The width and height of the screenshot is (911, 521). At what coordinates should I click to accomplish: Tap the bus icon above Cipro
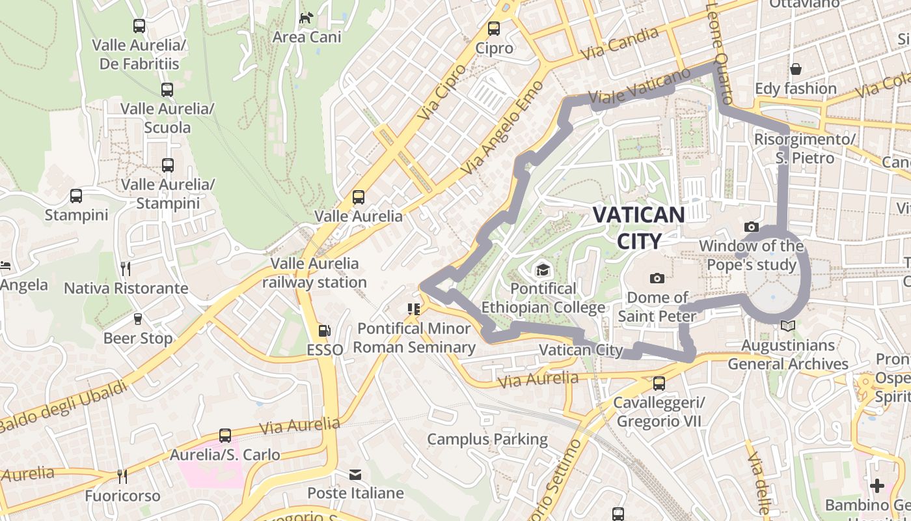click(494, 29)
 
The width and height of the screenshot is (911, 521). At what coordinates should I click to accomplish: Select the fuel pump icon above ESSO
click(325, 331)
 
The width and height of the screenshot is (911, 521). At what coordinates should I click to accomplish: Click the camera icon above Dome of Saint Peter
click(657, 279)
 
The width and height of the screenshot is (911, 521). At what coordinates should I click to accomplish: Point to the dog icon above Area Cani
click(306, 18)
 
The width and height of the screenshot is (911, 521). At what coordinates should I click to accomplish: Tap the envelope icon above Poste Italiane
click(355, 474)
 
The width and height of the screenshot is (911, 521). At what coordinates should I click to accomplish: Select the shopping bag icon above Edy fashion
click(795, 69)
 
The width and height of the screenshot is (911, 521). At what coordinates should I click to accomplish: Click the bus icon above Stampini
click(76, 195)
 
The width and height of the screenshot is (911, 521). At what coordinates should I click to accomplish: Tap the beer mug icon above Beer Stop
click(137, 319)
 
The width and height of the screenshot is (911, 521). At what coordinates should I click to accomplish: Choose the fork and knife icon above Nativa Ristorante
click(126, 268)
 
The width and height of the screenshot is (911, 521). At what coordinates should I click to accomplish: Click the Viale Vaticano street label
click(639, 87)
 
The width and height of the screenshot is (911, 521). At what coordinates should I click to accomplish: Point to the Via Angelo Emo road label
click(502, 127)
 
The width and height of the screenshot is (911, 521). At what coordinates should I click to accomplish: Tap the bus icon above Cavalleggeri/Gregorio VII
click(659, 383)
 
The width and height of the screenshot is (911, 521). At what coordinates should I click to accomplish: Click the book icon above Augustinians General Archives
click(788, 326)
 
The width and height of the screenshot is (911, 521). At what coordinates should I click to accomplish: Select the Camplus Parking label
click(487, 439)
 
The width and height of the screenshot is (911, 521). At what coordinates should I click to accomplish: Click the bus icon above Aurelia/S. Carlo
click(225, 435)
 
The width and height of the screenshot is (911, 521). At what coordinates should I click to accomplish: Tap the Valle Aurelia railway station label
click(315, 273)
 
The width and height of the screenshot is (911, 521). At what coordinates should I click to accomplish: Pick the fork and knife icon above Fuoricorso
click(122, 476)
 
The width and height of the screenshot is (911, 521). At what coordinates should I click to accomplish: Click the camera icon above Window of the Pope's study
click(752, 227)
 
